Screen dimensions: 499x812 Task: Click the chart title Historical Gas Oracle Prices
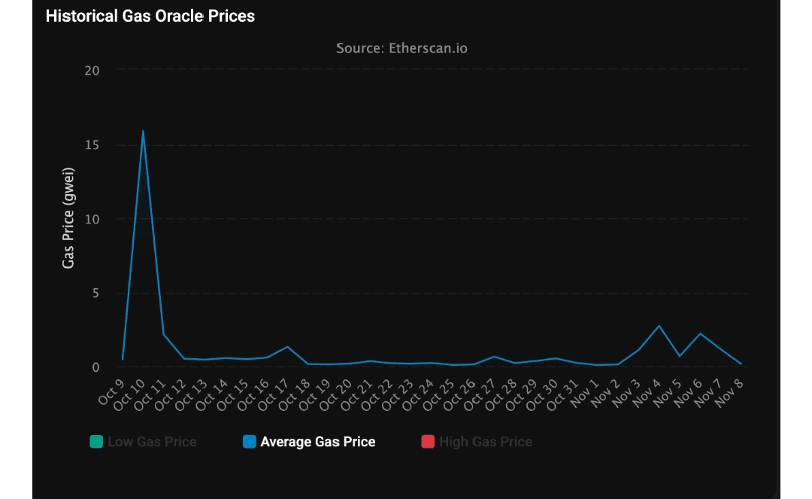tap(150, 16)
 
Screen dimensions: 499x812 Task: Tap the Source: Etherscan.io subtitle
tap(401, 48)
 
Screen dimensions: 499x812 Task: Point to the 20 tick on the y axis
tap(92, 71)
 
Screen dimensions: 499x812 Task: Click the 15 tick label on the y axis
tap(92, 145)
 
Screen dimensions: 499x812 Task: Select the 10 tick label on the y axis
tap(92, 219)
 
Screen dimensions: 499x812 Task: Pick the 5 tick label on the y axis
tap(95, 293)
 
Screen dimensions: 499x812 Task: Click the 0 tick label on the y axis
tap(95, 367)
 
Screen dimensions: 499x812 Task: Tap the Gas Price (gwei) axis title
tap(68, 219)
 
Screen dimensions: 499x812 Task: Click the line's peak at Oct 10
tap(143, 131)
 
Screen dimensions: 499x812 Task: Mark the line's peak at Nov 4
tap(659, 326)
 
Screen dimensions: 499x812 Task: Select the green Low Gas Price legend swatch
tap(96, 442)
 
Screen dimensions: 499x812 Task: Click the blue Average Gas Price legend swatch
tap(250, 442)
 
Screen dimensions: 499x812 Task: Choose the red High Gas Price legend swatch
tap(428, 442)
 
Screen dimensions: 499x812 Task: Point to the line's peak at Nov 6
tap(700, 333)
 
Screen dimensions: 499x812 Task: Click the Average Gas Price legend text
tap(317, 442)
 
